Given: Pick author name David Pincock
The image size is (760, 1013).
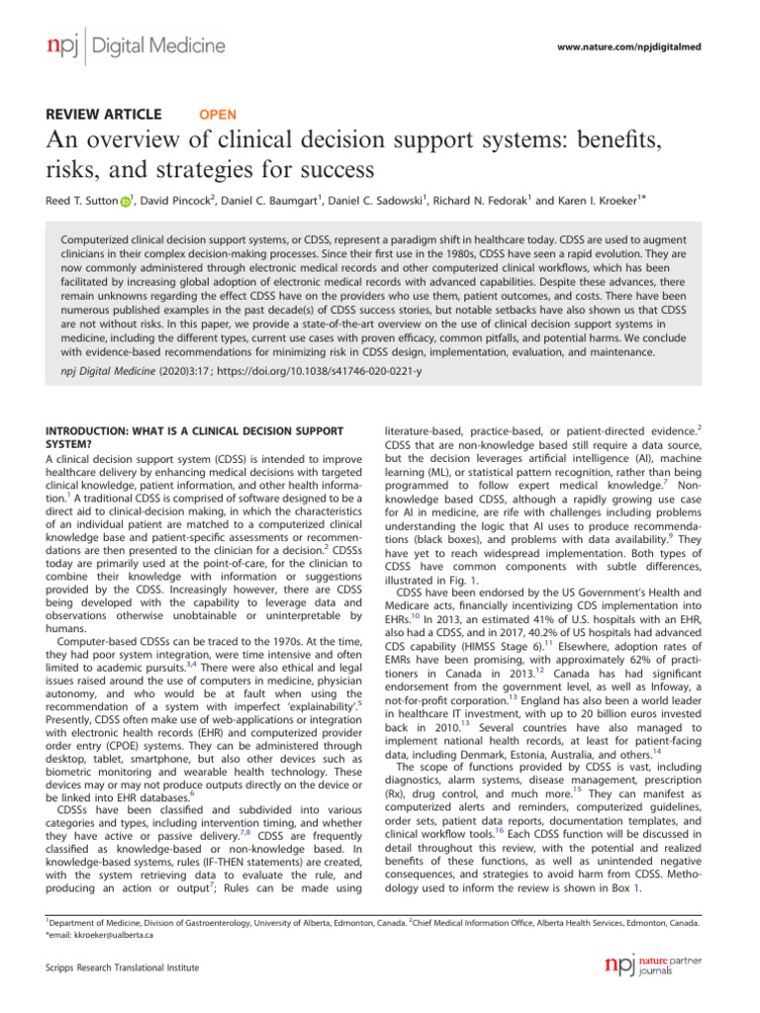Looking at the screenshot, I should (183, 201).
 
